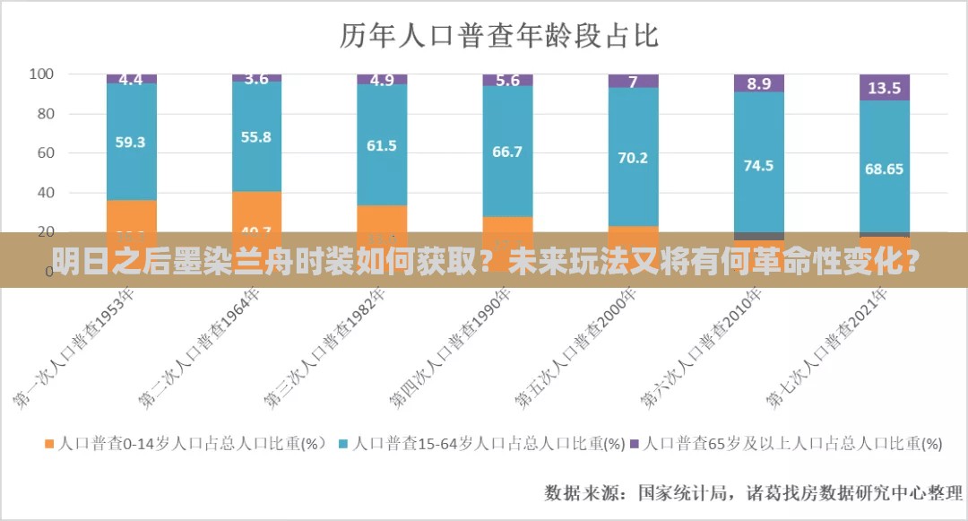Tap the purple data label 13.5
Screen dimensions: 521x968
coord(885,88)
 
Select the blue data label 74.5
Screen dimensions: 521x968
coord(757,165)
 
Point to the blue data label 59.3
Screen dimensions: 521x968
coord(131,142)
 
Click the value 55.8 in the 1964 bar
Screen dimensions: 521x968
coord(256,137)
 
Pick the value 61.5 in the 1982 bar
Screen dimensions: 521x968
coord(382,145)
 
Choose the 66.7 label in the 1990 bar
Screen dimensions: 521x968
coord(507,152)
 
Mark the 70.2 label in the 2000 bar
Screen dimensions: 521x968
coord(633,157)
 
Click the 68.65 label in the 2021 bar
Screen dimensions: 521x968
coord(884,169)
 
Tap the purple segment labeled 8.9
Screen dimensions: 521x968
coord(759,83)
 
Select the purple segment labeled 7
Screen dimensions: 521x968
coord(633,82)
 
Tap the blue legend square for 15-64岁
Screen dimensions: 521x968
coord(343,443)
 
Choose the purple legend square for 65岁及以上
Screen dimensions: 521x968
coord(635,443)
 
